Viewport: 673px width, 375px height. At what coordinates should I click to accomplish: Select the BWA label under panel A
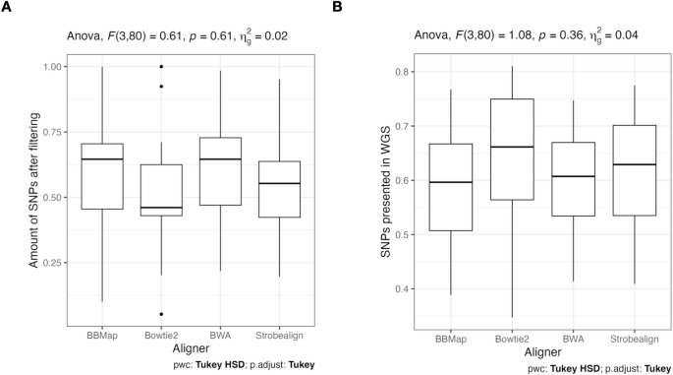click(219, 335)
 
